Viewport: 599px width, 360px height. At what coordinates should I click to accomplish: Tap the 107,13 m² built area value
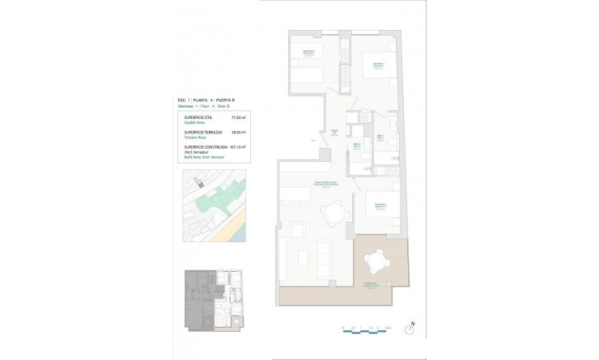pos(238,146)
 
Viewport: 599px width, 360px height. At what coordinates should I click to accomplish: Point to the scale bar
pos(367,328)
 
